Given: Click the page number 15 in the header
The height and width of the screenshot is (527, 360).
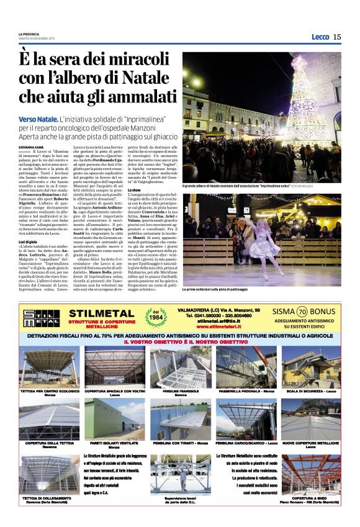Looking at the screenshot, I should coord(337,37).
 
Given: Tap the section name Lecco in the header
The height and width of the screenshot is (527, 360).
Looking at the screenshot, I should coord(320,37).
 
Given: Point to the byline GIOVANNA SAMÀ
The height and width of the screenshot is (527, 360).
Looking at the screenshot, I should coord(30,146).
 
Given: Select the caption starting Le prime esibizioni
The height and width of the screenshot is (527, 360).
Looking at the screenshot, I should coord(218,290).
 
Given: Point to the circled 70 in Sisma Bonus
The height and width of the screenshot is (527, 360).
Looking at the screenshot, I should coord(302,312).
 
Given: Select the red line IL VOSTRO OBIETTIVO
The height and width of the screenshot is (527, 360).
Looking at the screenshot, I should coord(180,341).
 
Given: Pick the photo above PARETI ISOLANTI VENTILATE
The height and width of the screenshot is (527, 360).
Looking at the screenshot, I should coord(114,419).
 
